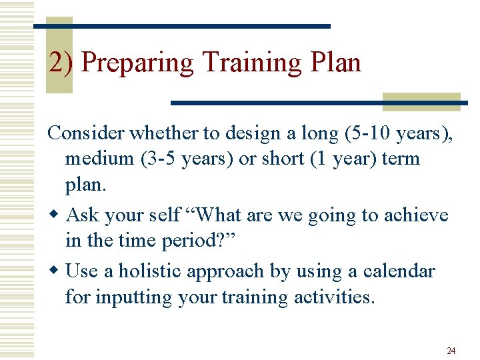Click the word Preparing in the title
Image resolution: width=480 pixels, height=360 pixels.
click(137, 63)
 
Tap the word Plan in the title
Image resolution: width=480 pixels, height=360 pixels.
click(335, 63)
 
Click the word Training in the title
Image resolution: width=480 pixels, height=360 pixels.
click(253, 63)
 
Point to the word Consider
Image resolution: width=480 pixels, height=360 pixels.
click(86, 133)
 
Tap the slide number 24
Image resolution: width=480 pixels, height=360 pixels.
click(451, 350)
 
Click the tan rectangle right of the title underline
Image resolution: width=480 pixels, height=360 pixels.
click(421, 101)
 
